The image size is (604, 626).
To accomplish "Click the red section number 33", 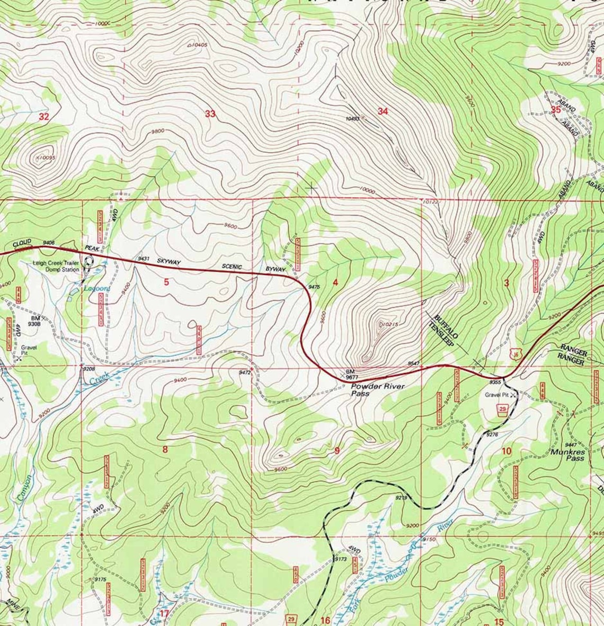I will coord(210,114).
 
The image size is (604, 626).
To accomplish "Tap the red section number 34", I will coord(383,111).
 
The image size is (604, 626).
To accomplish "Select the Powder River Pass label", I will coord(378,390).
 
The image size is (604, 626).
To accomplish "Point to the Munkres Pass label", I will coord(567,455).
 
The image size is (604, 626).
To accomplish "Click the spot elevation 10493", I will coord(352,119).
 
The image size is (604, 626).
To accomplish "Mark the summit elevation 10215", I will coord(389,324).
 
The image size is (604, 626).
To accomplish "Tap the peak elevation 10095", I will coord(46,157).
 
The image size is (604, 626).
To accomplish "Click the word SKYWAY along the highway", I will coord(168,262).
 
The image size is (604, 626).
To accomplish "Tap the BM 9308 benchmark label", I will coord(35,320).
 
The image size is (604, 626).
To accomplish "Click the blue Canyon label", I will coord(24,487).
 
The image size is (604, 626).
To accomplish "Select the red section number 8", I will coord(165,449).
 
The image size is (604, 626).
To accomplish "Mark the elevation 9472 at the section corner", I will coord(244,373).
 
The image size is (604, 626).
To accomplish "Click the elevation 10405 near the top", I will coord(198,45).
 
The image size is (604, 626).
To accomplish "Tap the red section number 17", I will coord(164,614).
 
